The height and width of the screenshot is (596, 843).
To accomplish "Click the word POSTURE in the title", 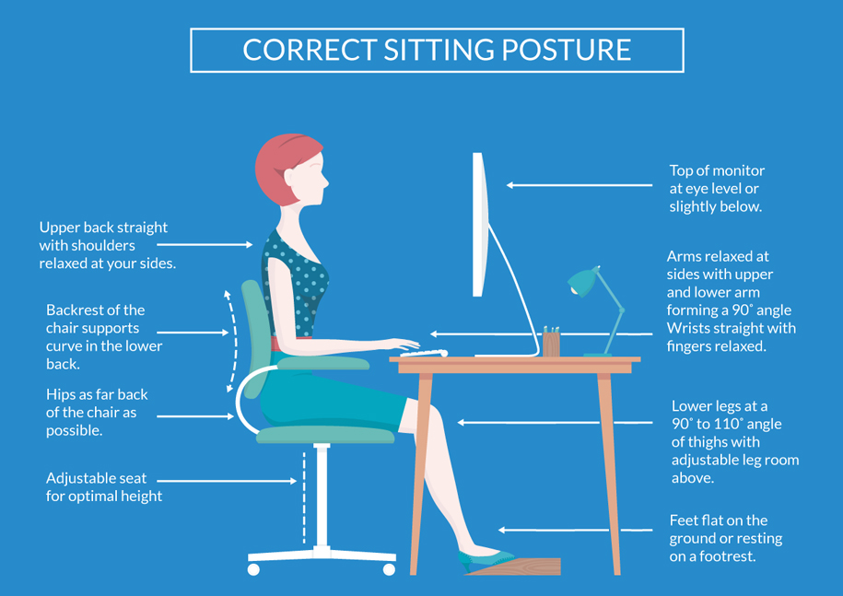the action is pos(566,50).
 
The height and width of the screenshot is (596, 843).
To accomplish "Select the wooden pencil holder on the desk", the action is pos(551,343).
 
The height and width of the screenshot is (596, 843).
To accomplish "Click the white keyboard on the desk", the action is pos(424,353).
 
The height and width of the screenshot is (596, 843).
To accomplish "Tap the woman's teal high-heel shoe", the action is pos(484,559).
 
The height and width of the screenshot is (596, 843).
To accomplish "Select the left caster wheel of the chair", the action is pos(253,569).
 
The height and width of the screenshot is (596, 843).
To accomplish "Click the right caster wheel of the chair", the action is pos(389,569).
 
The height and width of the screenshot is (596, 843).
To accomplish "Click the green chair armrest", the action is pos(323,363).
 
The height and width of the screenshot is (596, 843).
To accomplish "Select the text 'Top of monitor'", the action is pos(717,171).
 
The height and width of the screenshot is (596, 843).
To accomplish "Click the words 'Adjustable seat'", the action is pos(96,478).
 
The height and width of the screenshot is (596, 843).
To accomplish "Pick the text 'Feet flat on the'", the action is pos(719,520).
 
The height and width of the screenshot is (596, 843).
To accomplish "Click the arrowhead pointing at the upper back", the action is pos(250,244).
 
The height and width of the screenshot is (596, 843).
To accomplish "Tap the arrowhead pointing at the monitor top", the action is pos(509,185).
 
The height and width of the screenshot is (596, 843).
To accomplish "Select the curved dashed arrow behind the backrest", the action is pos(232,341).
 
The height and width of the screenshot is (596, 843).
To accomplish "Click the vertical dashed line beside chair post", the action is pos(304,497).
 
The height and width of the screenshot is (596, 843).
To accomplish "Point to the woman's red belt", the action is pos(290,344).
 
